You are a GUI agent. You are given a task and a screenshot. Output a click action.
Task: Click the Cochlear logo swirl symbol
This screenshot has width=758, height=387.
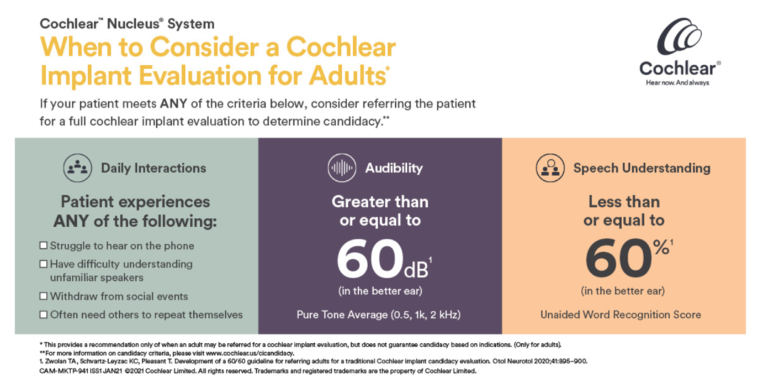pos(679,36)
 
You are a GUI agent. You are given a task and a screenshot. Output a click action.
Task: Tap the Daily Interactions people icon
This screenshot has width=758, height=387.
pos(77,168)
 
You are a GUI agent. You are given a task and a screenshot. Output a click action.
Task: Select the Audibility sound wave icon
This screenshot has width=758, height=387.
pos(342,168)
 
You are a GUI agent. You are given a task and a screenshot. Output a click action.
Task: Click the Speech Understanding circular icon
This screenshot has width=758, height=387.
pos(550,168)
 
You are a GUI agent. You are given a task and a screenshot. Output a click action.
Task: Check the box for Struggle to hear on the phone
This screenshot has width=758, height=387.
pos(43,245)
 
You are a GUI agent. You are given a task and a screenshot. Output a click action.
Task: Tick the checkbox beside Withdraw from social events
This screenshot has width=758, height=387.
pos(43,296)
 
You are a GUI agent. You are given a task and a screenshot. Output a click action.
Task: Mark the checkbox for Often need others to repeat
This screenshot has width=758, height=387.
pos(43,315)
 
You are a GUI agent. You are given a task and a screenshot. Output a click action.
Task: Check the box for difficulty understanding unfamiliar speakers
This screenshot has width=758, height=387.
pos(43,264)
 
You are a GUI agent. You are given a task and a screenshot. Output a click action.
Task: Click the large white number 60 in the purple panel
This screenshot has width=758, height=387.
pos(370,258)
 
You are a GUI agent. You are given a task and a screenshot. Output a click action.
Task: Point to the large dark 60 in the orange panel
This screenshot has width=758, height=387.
pos(618,258)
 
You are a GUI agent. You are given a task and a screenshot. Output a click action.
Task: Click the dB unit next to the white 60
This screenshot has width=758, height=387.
pos(416,270)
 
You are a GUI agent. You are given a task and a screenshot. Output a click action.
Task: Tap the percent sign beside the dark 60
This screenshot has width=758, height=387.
pos(661,247)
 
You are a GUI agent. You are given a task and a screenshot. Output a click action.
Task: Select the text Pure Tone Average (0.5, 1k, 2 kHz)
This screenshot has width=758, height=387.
pos(379,315)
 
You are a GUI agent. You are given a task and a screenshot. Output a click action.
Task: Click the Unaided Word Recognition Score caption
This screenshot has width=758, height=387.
pos(621,315)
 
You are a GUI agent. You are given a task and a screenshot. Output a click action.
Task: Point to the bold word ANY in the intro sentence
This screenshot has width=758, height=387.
pos(173,104)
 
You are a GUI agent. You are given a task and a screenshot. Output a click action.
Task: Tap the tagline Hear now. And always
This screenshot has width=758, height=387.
pos(677,83)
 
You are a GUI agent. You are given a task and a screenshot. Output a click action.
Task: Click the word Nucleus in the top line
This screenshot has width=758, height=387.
pos(133,24)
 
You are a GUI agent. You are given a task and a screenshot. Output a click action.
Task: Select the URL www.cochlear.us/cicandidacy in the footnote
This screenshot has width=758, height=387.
pos(250,353)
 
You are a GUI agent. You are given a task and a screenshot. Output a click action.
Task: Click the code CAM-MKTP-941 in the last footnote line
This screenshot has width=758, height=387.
pos(64,371)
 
